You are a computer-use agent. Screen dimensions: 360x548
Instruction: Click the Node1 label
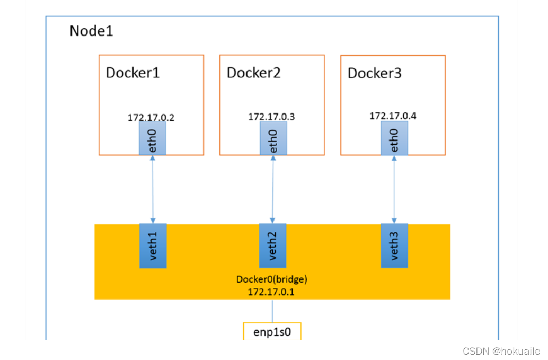91,31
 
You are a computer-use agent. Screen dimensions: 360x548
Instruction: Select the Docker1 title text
132,73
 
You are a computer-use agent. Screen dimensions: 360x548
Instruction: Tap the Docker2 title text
253,73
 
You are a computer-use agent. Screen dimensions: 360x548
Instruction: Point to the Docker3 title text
374,73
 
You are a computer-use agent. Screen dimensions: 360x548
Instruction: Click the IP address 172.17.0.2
151,118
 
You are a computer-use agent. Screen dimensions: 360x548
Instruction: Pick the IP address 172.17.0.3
271,117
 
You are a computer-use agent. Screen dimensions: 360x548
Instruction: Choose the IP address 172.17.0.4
392,116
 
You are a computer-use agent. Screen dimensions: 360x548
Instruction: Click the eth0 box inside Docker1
153,139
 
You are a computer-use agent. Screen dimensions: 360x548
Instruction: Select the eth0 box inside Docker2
273,138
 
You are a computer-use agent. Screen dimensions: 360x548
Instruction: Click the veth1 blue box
153,245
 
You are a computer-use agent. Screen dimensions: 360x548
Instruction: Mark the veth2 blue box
272,245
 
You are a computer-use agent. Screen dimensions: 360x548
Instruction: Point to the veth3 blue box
394,245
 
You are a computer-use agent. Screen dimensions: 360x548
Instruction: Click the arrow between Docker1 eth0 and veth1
153,189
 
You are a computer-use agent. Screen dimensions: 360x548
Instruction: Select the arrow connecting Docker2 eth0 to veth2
273,189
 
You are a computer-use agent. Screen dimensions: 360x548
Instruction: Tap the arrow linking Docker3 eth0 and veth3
394,189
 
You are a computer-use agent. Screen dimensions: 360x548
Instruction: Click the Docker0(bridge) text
271,279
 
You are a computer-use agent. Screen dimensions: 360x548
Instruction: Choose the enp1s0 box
272,332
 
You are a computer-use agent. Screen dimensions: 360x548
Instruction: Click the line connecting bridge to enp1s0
272,311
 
